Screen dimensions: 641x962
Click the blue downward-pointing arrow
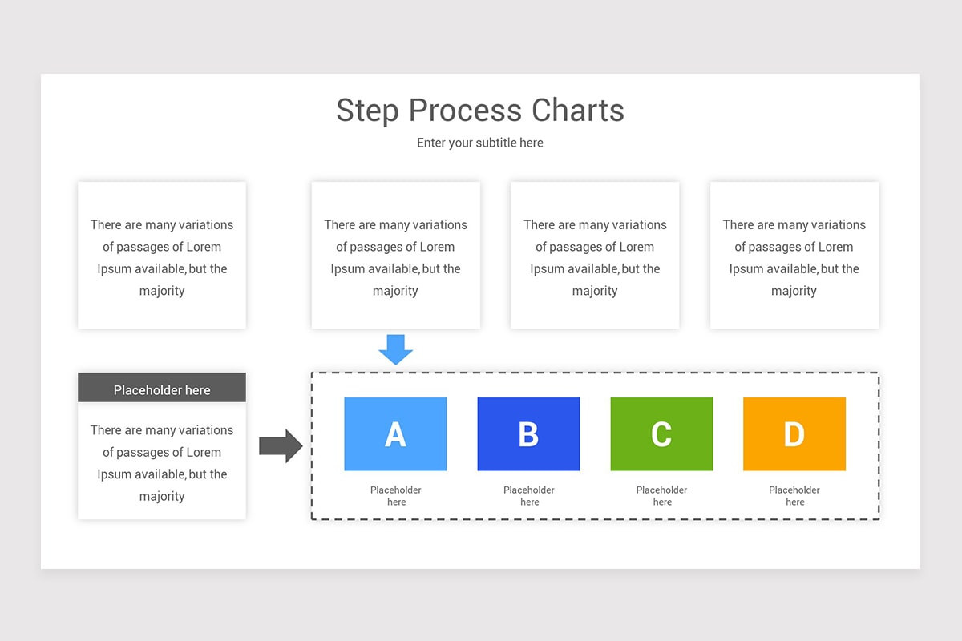pyautogui.click(x=395, y=349)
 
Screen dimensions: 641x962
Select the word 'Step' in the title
pyautogui.click(x=368, y=111)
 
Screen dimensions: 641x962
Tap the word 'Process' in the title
pyautogui.click(x=457, y=111)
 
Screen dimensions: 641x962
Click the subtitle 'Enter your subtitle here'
pyautogui.click(x=480, y=143)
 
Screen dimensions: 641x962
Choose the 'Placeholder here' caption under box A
pyautogui.click(x=396, y=496)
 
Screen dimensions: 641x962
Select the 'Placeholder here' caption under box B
pyautogui.click(x=529, y=496)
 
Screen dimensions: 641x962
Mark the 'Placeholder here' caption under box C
pyautogui.click(x=661, y=496)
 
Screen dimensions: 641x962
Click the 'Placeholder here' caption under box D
pyautogui.click(x=794, y=496)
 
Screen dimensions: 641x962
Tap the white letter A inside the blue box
pyautogui.click(x=395, y=434)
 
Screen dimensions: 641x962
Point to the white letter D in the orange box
pyautogui.click(x=794, y=434)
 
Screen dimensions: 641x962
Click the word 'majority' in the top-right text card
pyautogui.click(x=794, y=291)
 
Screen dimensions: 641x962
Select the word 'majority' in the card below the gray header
pyautogui.click(x=162, y=496)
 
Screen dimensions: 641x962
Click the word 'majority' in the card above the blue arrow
pyautogui.click(x=395, y=291)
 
